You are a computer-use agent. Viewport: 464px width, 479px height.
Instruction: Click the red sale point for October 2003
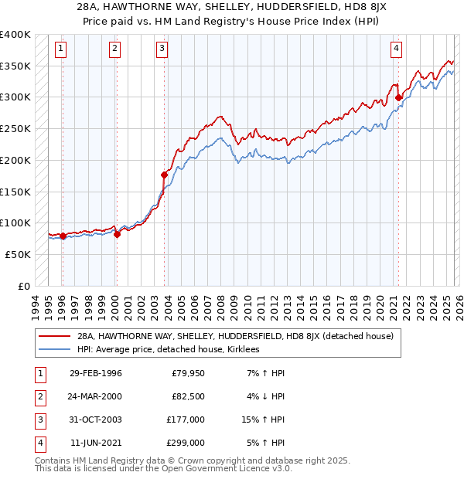(165, 175)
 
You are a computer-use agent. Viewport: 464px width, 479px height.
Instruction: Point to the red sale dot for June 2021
(398, 97)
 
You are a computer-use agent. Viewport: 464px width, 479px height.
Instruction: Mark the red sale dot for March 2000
(117, 235)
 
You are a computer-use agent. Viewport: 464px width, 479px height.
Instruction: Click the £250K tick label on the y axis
(15, 128)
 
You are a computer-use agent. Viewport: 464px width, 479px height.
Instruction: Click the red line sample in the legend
(56, 336)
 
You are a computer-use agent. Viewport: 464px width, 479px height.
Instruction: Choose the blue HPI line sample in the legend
(56, 349)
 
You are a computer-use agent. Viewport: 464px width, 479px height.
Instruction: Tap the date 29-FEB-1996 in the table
(95, 373)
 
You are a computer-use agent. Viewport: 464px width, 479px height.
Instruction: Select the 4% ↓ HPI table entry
(267, 396)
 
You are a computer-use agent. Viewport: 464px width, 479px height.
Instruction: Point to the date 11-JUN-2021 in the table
(95, 443)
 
